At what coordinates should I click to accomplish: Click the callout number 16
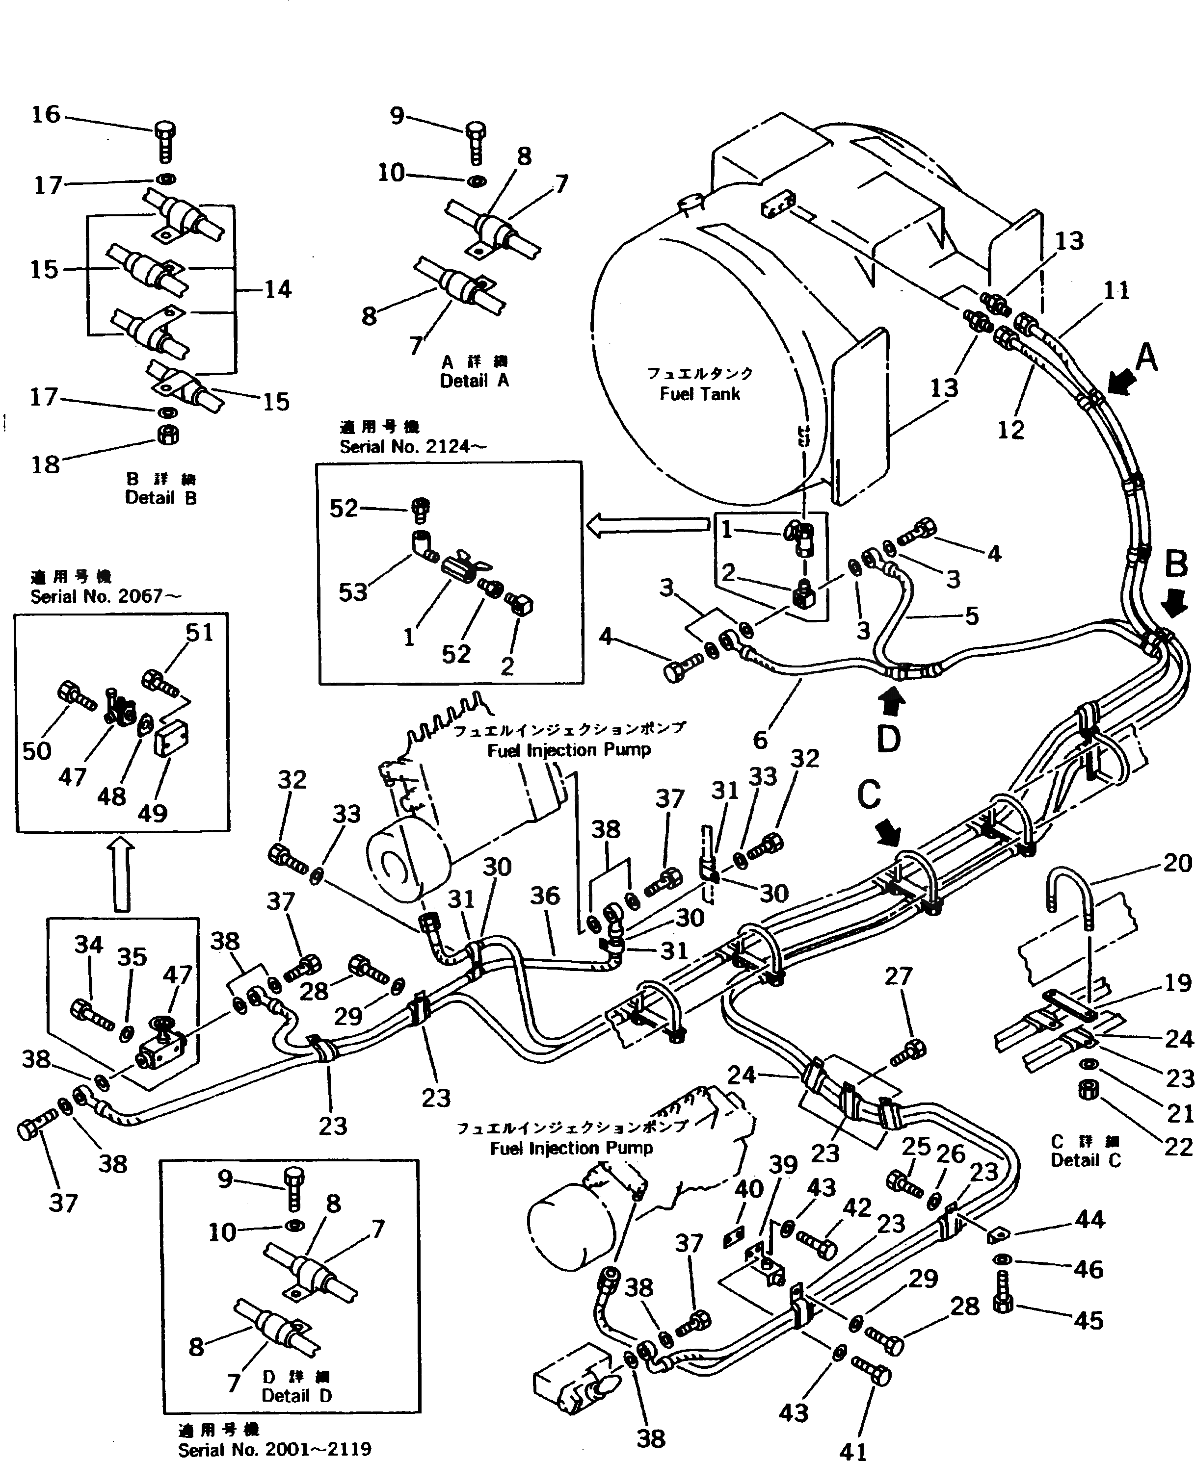click(46, 114)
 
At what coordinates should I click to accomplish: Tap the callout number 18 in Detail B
click(46, 465)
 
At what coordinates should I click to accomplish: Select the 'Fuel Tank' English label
click(699, 394)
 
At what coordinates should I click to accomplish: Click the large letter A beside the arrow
click(1146, 358)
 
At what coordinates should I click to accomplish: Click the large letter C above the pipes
click(869, 795)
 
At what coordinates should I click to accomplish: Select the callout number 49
click(152, 813)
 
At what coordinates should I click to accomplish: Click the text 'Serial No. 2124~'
click(413, 447)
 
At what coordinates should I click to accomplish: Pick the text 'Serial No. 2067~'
click(106, 596)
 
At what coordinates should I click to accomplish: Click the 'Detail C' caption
click(1086, 1160)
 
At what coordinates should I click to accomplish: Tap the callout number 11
click(1116, 291)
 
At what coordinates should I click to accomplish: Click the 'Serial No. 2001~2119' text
click(275, 1449)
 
